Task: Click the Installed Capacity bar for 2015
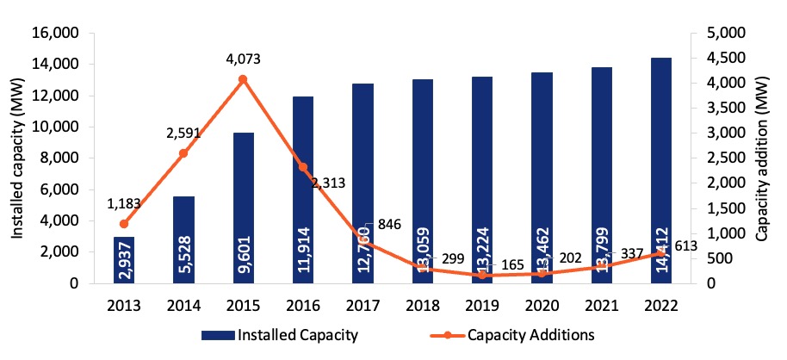pyautogui.click(x=244, y=208)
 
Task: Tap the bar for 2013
pyautogui.click(x=124, y=259)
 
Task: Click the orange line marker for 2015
pyautogui.click(x=243, y=79)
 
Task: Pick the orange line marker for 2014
pyautogui.click(x=183, y=153)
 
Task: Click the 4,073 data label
pyautogui.click(x=243, y=59)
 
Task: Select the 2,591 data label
pyautogui.click(x=183, y=133)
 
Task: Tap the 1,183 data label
pyautogui.click(x=124, y=204)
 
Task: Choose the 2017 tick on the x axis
pyautogui.click(x=363, y=306)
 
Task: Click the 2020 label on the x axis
pyautogui.click(x=542, y=306)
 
